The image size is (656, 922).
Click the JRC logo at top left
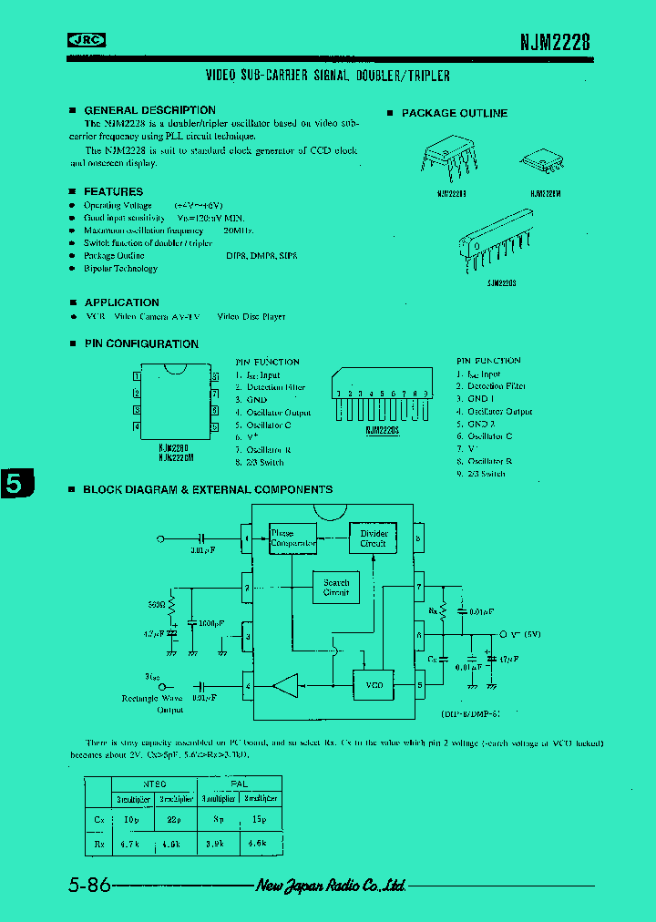(x=87, y=39)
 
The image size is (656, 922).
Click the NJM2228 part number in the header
(x=555, y=41)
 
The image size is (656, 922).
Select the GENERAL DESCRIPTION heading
(x=149, y=110)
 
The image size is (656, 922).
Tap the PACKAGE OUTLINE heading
(x=454, y=113)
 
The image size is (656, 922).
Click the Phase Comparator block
(x=292, y=538)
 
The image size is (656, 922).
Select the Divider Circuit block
(x=374, y=538)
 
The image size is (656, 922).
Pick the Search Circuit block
(x=336, y=587)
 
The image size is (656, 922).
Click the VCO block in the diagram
(x=374, y=684)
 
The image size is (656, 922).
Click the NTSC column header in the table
(x=155, y=784)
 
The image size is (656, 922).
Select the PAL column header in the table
(x=239, y=784)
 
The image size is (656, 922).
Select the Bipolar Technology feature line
(x=120, y=269)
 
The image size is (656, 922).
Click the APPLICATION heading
(x=121, y=302)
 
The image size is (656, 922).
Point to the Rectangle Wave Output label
(x=152, y=703)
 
